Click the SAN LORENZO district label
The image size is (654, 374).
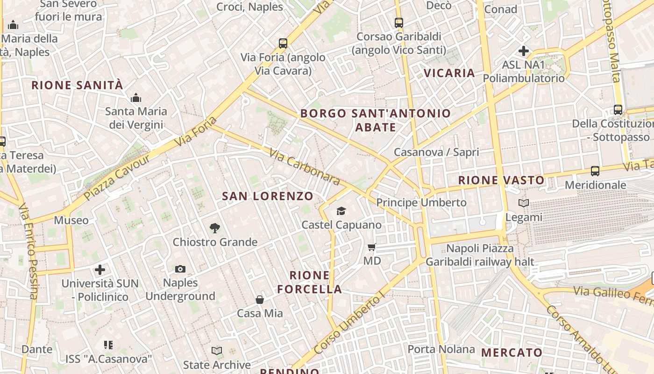[268, 196]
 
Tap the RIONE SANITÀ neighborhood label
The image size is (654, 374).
[78, 86]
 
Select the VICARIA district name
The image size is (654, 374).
[449, 73]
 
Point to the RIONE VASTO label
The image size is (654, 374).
[501, 180]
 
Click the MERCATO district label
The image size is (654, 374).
[512, 352]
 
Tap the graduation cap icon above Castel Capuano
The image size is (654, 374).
[341, 211]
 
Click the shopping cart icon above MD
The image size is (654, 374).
[372, 247]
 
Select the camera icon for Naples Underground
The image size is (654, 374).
[180, 269]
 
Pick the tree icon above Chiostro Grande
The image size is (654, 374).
[215, 228]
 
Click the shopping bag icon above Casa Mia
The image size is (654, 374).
[260, 300]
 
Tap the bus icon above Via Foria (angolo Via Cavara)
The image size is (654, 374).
[283, 43]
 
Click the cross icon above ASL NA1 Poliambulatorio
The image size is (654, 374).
[524, 50]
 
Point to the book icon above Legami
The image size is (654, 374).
[524, 203]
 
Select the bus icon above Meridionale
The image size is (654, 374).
[595, 171]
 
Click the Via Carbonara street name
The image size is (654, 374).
[304, 166]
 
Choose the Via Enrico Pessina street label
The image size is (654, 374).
[28, 251]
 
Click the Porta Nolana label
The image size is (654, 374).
[441, 349]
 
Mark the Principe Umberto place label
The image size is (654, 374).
[421, 202]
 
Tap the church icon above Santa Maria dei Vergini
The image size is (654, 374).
[136, 98]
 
